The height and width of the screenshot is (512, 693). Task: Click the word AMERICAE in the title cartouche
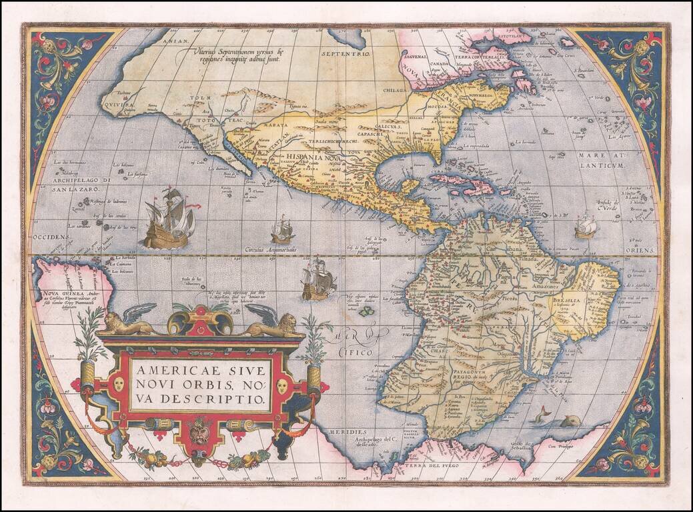pyautogui.click(x=163, y=368)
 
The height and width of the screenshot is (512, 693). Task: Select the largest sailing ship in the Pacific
pyautogui.click(x=169, y=220)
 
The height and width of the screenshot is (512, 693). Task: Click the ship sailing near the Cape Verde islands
pyautogui.click(x=586, y=227)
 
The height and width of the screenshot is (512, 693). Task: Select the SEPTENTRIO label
pyautogui.click(x=345, y=53)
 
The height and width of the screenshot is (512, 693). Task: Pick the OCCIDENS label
pyautogui.click(x=49, y=237)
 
